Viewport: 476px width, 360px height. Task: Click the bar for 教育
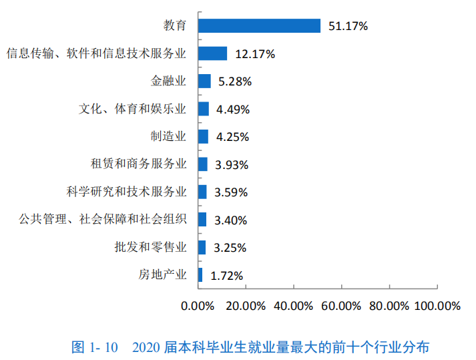click(x=259, y=26)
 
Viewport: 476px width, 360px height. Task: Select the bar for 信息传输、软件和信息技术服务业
click(x=212, y=53)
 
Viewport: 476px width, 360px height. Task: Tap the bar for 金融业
click(x=204, y=81)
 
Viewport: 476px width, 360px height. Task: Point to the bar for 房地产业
click(x=200, y=275)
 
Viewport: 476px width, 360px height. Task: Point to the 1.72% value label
click(x=226, y=275)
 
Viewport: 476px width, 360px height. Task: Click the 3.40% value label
click(x=230, y=220)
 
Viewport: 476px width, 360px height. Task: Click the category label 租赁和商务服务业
click(x=138, y=164)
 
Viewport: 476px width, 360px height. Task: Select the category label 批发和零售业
click(x=150, y=247)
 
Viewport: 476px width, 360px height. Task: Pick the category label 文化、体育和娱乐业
click(x=132, y=109)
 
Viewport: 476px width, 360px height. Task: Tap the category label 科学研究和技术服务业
click(x=127, y=192)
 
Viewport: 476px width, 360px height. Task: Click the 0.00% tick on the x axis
click(x=198, y=305)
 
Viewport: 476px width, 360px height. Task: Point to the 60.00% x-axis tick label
click(x=341, y=305)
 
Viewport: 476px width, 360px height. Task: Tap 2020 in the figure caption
click(x=146, y=347)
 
